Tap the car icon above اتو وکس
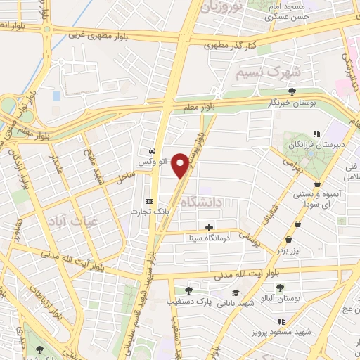point(152,150)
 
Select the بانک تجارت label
point(145,210)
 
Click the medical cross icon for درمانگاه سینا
point(209,226)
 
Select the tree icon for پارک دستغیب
point(188,290)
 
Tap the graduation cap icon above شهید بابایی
point(235,292)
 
